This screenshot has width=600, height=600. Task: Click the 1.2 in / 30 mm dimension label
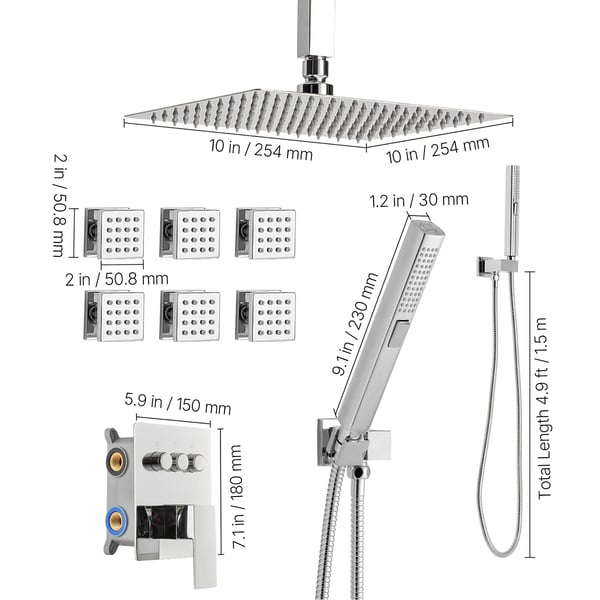[419, 200]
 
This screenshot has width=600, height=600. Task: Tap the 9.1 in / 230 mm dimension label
[355, 324]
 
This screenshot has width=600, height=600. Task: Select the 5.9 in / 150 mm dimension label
[178, 404]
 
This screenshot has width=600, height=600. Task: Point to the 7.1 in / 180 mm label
[238, 497]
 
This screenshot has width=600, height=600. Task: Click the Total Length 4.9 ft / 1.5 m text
[543, 409]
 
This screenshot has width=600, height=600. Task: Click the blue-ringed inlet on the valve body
[116, 520]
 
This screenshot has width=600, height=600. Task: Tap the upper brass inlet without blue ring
[115, 461]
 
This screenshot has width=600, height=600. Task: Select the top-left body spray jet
[114, 233]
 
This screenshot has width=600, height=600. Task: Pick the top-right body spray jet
[266, 233]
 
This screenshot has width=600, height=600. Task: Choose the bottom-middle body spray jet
[190, 316]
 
